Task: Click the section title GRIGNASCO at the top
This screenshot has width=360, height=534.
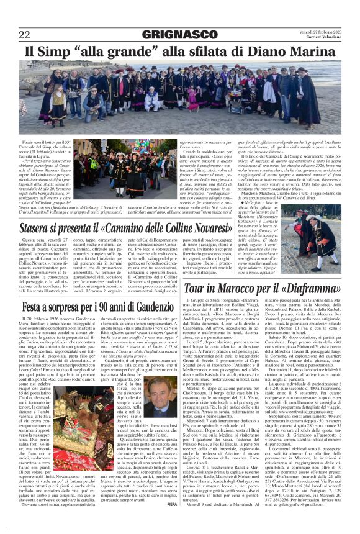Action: [179, 33]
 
